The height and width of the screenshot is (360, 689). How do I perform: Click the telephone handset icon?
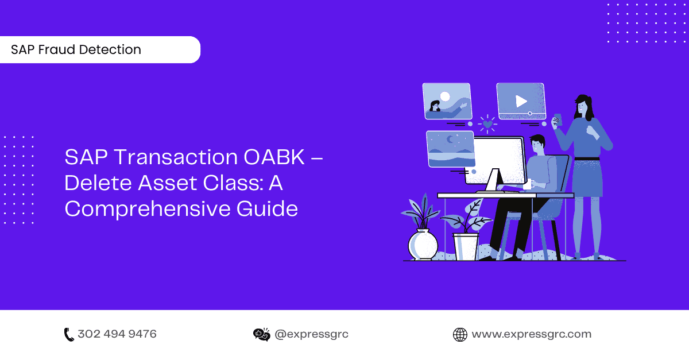coord(69,334)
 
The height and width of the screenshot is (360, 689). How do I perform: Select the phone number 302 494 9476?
coord(117,334)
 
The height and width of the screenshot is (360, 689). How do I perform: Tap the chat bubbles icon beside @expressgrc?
coord(261,334)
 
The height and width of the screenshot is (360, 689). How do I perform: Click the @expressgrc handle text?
coord(312,334)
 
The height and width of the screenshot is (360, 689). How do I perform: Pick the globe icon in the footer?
coord(460,334)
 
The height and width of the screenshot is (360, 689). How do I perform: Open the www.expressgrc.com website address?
coord(531,334)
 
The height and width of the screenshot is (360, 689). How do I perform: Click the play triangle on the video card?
coord(521,102)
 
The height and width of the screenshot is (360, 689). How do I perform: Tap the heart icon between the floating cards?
coord(487,123)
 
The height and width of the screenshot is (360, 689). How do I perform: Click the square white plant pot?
coord(466,246)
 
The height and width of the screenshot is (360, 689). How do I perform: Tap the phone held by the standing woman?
coord(556,119)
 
